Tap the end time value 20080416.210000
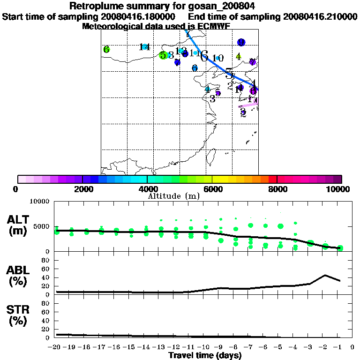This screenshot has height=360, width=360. (x=320, y=16)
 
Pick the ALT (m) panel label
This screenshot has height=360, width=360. (x=19, y=224)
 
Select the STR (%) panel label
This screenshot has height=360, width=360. (x=19, y=315)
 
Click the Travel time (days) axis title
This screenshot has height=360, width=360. (x=205, y=355)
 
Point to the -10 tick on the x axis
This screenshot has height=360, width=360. (x=205, y=347)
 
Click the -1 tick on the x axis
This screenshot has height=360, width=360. (x=339, y=347)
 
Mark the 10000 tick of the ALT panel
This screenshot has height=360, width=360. (x=40, y=202)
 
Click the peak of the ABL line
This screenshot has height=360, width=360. (x=325, y=275)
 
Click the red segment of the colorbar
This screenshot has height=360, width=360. (x=272, y=179)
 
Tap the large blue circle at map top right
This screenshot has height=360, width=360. (x=241, y=43)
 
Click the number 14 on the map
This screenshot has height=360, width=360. (x=144, y=46)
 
